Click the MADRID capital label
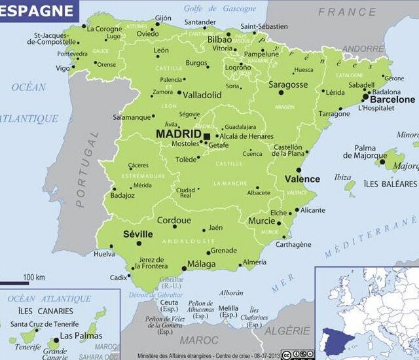click(x=178, y=134)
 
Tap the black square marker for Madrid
click(x=207, y=136)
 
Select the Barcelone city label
click(x=392, y=99)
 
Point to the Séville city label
click(x=138, y=234)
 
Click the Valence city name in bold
click(x=302, y=179)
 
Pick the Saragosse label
click(x=287, y=85)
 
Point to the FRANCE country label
click(x=347, y=12)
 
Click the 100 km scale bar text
click(x=34, y=278)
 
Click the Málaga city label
click(x=201, y=264)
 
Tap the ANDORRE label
click(x=363, y=49)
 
